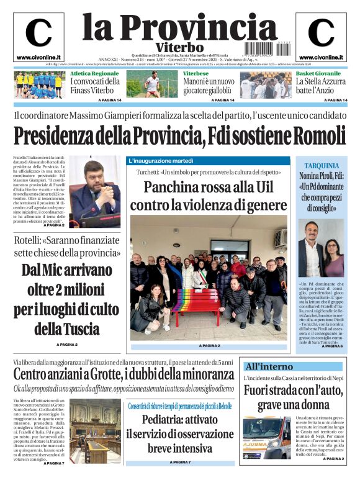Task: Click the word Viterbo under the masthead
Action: pos(179,47)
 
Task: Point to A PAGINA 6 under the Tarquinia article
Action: pos(332,346)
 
